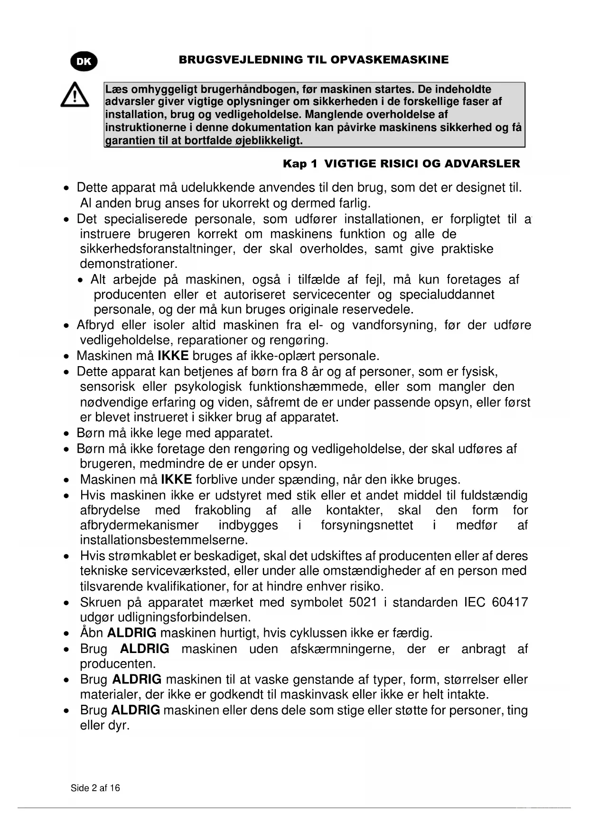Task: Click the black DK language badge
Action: [x=84, y=61]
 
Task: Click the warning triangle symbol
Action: [x=75, y=95]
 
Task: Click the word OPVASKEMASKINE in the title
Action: [x=389, y=60]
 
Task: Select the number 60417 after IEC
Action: [x=510, y=602]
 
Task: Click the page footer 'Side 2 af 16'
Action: [x=95, y=788]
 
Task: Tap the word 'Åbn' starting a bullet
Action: [x=92, y=633]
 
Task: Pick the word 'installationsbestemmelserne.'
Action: [x=164, y=540]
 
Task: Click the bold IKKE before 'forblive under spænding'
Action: [x=177, y=479]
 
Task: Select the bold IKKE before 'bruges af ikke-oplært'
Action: [x=173, y=356]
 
